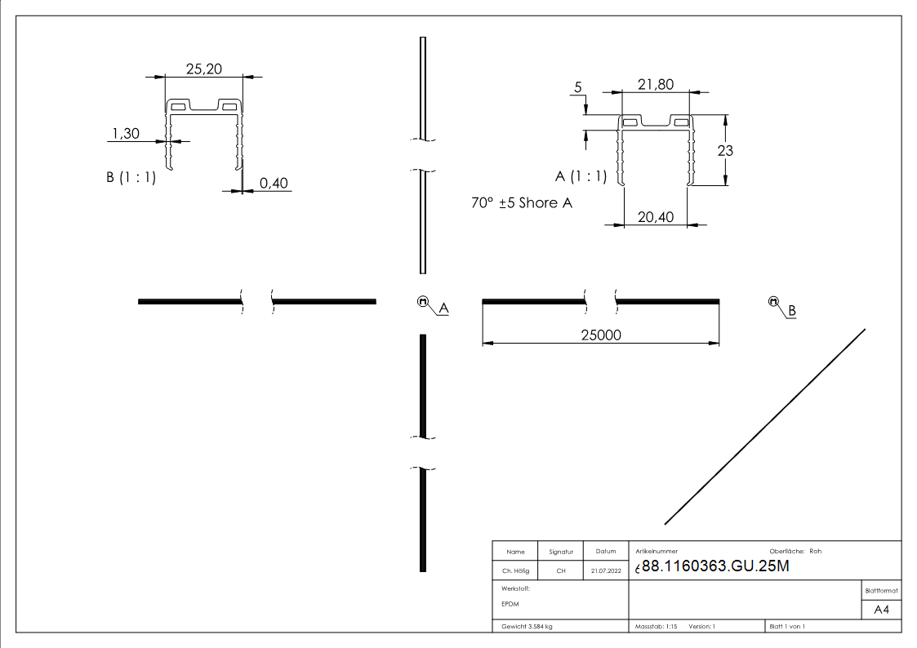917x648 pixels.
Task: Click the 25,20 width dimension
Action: (203, 69)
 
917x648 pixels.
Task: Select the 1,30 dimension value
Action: (126, 132)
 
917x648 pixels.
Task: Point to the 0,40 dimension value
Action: (274, 184)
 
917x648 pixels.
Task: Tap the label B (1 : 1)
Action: (131, 178)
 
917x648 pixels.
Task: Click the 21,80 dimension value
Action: (655, 84)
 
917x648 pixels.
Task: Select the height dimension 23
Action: (725, 150)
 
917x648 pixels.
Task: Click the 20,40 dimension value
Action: (655, 216)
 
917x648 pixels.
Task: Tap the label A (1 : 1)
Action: (581, 176)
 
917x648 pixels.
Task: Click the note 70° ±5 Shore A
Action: (521, 202)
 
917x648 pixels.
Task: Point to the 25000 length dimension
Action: (600, 335)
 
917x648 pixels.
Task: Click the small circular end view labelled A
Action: (423, 301)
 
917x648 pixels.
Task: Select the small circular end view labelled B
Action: (773, 302)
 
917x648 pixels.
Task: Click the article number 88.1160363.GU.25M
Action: (715, 566)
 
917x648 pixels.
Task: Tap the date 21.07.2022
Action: (605, 571)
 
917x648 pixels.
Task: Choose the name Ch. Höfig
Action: (515, 571)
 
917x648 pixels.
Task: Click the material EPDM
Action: (510, 604)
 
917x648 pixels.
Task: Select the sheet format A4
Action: (882, 610)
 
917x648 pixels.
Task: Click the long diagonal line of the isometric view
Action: (765, 426)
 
